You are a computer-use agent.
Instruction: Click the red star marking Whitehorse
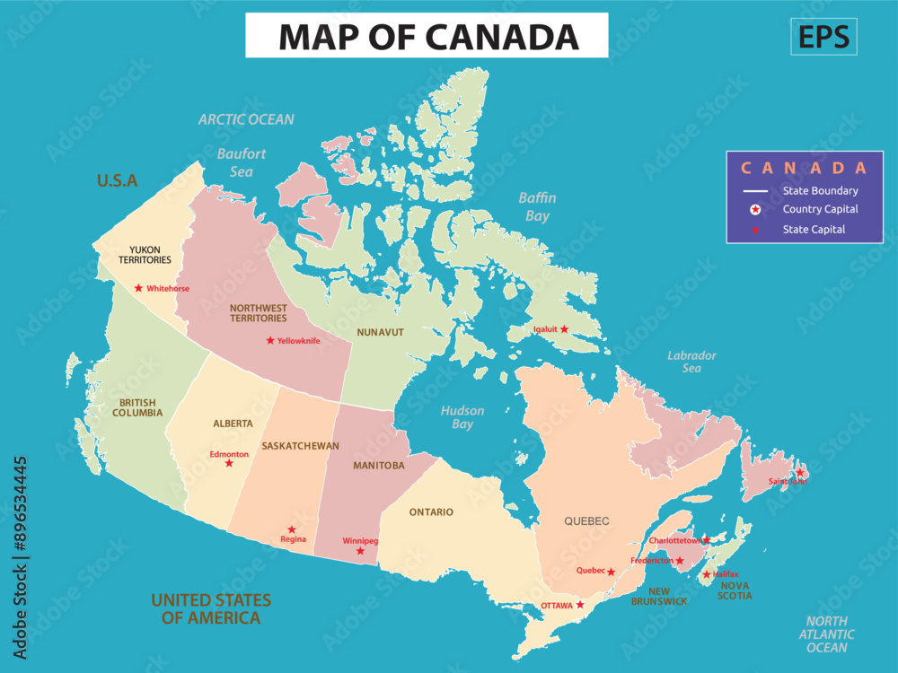pos(138,288)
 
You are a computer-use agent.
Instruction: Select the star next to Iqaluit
pos(564,329)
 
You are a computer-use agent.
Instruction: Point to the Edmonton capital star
pos(229,463)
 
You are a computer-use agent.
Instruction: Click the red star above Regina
pos(291,529)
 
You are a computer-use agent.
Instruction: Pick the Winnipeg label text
pos(360,541)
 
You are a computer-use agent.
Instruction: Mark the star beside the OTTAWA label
pos(580,605)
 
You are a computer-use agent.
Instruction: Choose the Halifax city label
pos(725,574)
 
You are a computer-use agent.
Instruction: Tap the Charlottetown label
pos(674,541)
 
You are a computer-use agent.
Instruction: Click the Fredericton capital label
pos(651,561)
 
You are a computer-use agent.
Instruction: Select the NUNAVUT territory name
pos(380,332)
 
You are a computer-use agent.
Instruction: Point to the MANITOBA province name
pos(378,466)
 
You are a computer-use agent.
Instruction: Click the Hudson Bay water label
pos(462,417)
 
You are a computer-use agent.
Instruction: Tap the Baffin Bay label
pos(537,206)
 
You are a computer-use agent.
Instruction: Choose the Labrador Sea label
pos(691,362)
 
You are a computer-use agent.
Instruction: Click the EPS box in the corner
pos(823,37)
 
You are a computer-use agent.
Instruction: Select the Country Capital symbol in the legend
pos(755,210)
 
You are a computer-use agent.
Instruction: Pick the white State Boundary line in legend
pos(755,191)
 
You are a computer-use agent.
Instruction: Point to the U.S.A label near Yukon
pos(117,180)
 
